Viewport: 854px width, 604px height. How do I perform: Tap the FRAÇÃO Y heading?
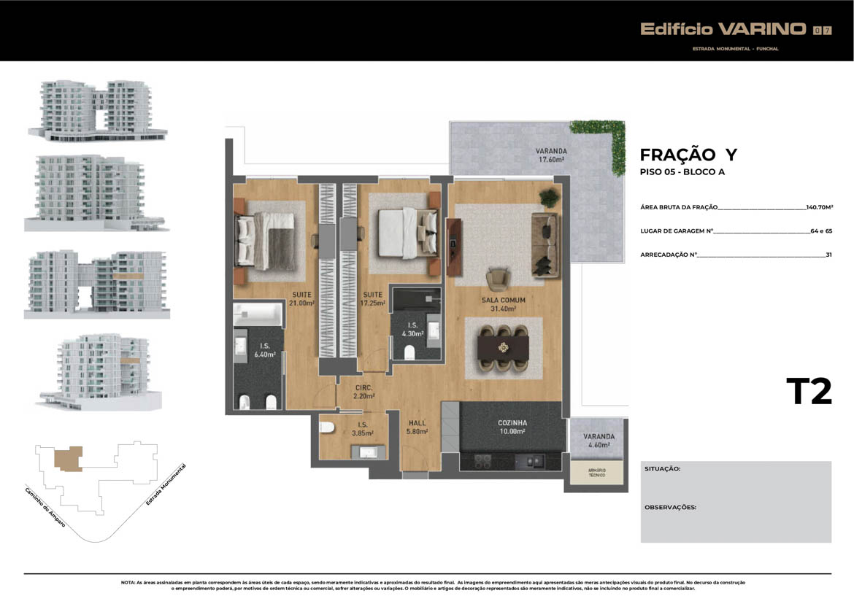[x=688, y=155]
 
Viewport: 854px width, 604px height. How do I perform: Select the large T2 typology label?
[x=809, y=391]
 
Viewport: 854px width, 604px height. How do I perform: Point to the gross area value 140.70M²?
[x=819, y=207]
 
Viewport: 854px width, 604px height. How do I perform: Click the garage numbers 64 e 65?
[x=821, y=231]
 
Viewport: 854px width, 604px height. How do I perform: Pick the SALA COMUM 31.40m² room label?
[x=503, y=304]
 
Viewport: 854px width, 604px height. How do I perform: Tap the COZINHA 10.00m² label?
[x=512, y=427]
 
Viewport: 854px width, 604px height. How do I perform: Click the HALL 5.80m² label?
[x=418, y=427]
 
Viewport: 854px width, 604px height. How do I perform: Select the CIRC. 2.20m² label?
[x=363, y=392]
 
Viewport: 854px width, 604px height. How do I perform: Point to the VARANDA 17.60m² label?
[x=551, y=155]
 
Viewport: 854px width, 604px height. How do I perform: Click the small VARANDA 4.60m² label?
[x=599, y=441]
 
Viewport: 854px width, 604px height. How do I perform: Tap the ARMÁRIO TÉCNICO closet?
[x=596, y=472]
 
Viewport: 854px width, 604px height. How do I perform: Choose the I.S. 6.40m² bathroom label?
[x=265, y=350]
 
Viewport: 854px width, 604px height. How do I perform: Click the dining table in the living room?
[x=503, y=348]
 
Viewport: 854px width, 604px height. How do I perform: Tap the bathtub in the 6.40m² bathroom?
[x=258, y=314]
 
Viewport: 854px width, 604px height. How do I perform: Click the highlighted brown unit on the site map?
[x=69, y=459]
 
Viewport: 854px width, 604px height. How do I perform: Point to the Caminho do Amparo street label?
[x=45, y=507]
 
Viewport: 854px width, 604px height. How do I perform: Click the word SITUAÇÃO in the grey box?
[x=662, y=468]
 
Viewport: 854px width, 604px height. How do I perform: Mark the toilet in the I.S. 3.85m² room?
[x=326, y=427]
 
